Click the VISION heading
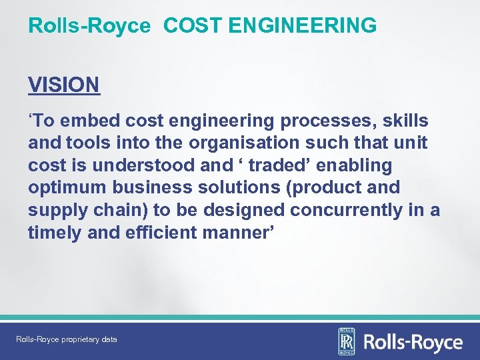pyautogui.click(x=64, y=85)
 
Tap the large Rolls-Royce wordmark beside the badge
pyautogui.click(x=412, y=343)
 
